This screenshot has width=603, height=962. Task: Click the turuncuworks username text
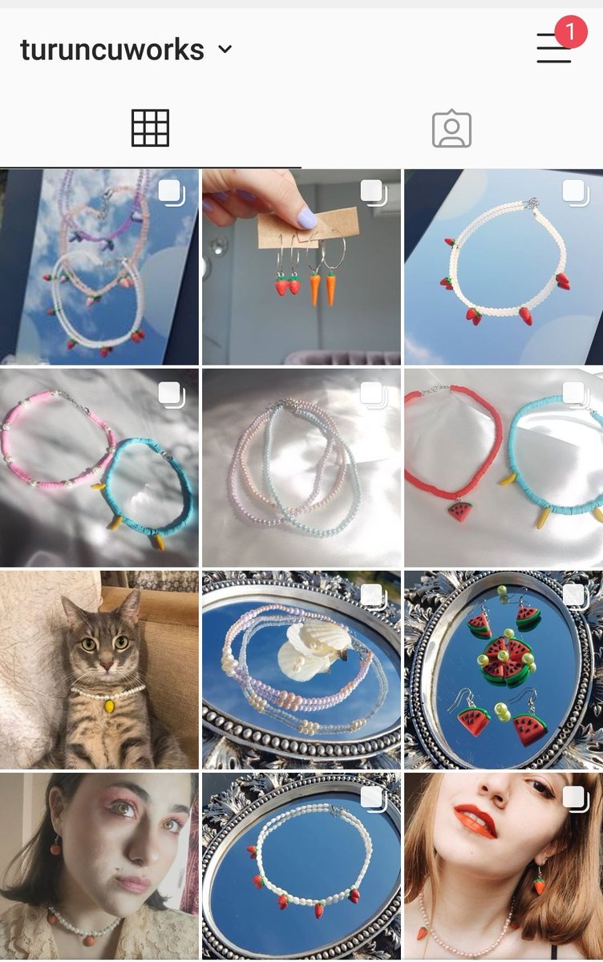(111, 50)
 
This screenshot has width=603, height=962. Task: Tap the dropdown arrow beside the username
(225, 49)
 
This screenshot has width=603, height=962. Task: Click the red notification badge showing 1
(570, 31)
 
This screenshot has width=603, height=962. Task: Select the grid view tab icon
(150, 128)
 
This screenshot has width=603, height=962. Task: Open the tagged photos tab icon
(451, 129)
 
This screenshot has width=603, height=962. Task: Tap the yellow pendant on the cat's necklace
(109, 706)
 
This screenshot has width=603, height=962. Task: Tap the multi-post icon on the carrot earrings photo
(372, 192)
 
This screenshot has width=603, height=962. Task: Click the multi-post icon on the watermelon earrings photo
(574, 595)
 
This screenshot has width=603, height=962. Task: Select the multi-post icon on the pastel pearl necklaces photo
(372, 394)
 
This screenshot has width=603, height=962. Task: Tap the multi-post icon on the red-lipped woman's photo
(574, 797)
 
